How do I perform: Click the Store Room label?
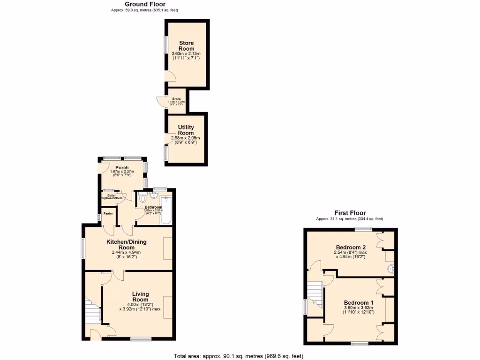point(186,45)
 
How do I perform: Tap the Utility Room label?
point(186,129)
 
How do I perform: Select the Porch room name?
point(122,167)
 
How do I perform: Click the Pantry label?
point(108,213)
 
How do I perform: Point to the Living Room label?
point(140,297)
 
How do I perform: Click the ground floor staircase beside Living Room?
point(95,312)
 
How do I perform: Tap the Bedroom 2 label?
point(351,247)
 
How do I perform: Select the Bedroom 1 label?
point(359,302)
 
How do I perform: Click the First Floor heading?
point(350,213)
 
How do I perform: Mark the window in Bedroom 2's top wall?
point(363,229)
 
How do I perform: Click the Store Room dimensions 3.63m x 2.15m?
point(186,54)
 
